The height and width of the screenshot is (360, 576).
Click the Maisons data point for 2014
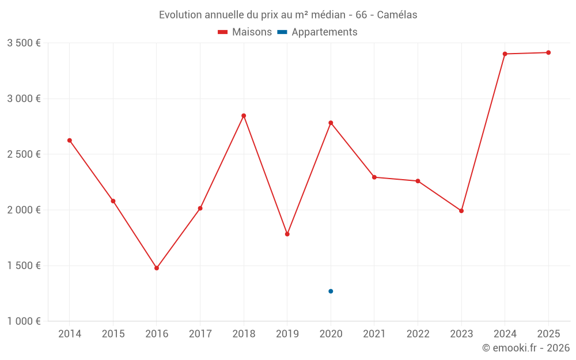click(x=70, y=141)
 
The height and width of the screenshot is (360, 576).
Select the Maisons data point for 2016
click(x=157, y=268)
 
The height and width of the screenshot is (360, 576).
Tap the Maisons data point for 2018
click(x=244, y=116)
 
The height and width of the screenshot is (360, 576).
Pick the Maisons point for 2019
click(x=287, y=234)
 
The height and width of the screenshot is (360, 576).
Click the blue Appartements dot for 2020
click(x=331, y=291)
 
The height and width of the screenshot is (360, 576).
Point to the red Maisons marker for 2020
click(x=331, y=123)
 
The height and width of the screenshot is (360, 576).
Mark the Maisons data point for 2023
click(x=461, y=211)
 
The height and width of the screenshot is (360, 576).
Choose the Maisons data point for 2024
click(x=505, y=54)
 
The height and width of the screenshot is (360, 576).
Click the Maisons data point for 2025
click(x=548, y=52)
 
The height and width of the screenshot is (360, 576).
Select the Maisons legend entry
click(x=245, y=32)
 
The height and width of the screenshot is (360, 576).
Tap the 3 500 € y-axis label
click(x=24, y=43)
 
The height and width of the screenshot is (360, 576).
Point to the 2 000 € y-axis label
click(x=24, y=210)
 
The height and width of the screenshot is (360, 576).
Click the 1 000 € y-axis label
click(x=24, y=321)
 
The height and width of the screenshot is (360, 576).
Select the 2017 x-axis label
click(x=200, y=334)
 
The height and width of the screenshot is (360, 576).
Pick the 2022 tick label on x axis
click(x=418, y=334)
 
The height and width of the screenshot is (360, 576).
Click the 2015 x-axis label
click(x=113, y=334)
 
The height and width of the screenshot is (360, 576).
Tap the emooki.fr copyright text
click(x=525, y=348)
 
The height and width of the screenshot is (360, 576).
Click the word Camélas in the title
click(x=397, y=15)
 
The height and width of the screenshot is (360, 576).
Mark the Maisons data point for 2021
click(x=374, y=177)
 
